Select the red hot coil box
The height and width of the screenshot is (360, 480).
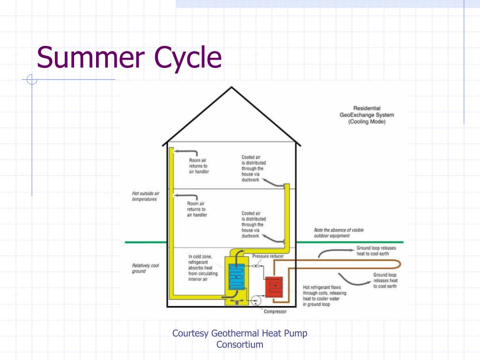(274, 286)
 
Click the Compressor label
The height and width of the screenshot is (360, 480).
(275, 311)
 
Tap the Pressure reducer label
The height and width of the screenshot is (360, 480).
(268, 256)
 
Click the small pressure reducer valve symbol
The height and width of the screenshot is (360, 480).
(256, 266)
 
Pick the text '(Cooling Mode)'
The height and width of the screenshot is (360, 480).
(367, 122)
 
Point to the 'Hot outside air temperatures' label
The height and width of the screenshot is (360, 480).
(146, 196)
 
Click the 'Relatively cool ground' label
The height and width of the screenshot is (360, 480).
(145, 268)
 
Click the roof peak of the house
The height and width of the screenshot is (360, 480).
(232, 88)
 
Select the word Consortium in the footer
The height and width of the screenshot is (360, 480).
(240, 345)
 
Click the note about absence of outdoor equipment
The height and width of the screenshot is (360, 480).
(338, 233)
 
